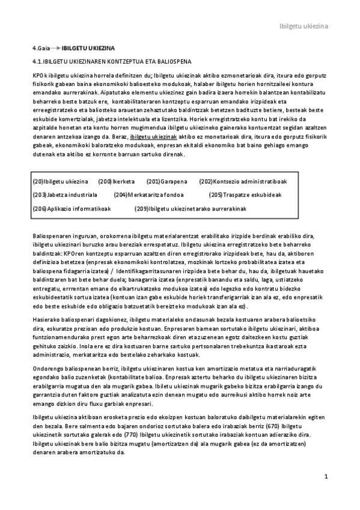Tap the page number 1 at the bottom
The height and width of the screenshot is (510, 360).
tap(325, 477)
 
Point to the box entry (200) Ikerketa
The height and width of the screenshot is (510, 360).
tap(116, 181)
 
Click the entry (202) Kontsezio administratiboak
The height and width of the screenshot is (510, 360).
tap(243, 181)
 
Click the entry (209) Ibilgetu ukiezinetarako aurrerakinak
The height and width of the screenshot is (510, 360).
tap(191, 207)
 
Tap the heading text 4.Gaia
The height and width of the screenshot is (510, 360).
tap(41, 48)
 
